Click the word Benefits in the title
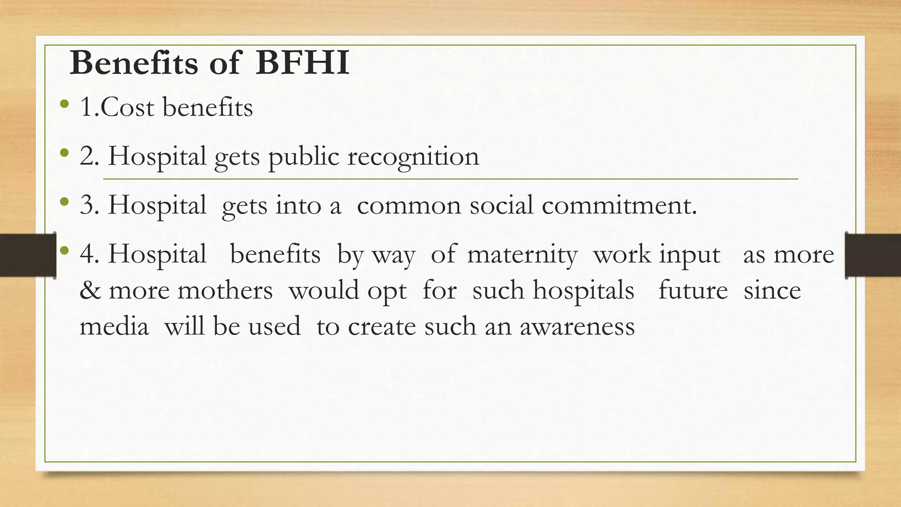[134, 63]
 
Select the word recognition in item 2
[413, 157]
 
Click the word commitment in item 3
[619, 205]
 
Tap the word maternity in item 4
[522, 255]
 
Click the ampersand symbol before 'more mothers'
[90, 290]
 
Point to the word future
[693, 290]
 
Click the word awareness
[577, 327]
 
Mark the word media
[114, 327]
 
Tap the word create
[381, 327]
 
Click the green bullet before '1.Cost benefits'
[64, 104]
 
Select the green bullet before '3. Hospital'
[64, 202]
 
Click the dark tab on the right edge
[873, 255]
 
